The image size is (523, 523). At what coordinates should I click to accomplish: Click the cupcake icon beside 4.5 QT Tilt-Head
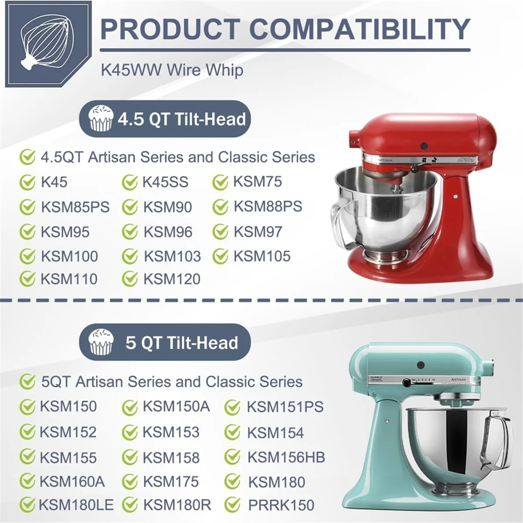coord(101,119)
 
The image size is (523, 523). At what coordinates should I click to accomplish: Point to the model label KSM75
coord(258,182)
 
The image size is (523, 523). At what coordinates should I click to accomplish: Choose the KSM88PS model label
coord(268,207)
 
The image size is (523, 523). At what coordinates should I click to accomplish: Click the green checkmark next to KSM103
coord(130,257)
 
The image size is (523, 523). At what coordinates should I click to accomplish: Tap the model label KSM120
coord(172,279)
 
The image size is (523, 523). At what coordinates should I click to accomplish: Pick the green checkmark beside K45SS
coord(130,183)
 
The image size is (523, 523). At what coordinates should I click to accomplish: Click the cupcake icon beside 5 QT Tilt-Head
coord(101,342)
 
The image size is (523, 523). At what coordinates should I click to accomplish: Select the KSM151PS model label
coord(285,407)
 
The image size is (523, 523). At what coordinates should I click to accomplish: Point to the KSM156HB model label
coord(286,457)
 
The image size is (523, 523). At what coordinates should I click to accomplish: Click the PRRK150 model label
coord(281,505)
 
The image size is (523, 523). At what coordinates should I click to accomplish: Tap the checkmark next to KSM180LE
coord(27,505)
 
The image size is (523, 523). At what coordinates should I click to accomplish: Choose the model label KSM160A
coord(72,482)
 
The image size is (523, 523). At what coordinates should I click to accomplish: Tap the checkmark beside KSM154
coord(232,432)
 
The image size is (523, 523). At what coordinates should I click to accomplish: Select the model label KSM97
coord(258,232)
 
